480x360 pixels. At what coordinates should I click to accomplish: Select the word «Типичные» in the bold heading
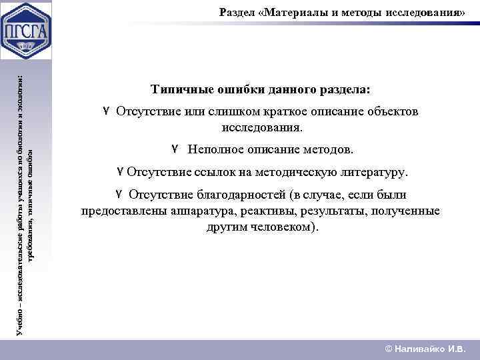coord(179,89)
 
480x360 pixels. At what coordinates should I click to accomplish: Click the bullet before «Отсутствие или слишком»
coord(106,111)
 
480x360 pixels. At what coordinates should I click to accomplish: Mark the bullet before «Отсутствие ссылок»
coord(119,172)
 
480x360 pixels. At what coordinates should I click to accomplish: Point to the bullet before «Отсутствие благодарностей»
coord(118,194)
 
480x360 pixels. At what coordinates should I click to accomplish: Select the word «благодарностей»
coord(245,195)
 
